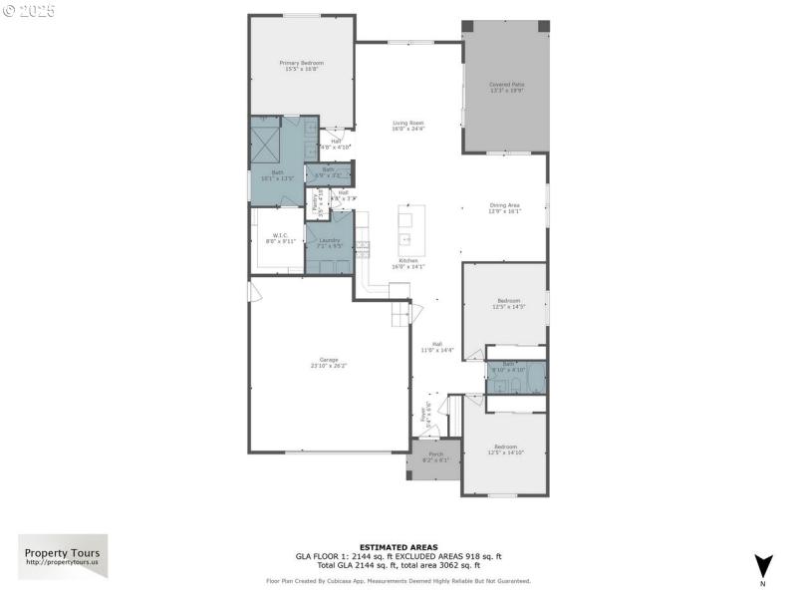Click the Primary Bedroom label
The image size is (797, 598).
[304, 66]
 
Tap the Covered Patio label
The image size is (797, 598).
[506, 88]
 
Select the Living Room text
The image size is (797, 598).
[407, 126]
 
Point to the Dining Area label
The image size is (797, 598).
[505, 208]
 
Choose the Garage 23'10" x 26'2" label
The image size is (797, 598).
[328, 363]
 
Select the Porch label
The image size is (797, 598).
[436, 457]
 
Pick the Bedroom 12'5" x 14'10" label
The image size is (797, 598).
[505, 449]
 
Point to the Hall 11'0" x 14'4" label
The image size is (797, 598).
[436, 347]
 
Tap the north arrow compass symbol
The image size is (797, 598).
[763, 564]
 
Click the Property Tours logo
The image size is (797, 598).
[62, 556]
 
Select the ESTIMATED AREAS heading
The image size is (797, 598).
[398, 547]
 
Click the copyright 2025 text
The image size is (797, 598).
[29, 11]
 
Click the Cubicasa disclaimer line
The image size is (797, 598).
[398, 580]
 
